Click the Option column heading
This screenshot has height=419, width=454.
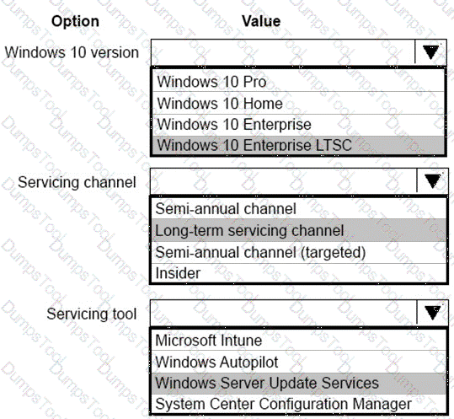pyautogui.click(x=75, y=21)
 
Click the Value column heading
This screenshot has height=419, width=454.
pyautogui.click(x=261, y=21)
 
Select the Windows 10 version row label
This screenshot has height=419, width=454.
pyautogui.click(x=72, y=53)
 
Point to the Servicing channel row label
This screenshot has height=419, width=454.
pyautogui.click(x=77, y=183)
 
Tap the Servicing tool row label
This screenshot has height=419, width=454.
pyautogui.click(x=92, y=314)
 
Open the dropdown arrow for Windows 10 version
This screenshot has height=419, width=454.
pyautogui.click(x=431, y=52)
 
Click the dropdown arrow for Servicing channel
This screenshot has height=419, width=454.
pyautogui.click(x=433, y=181)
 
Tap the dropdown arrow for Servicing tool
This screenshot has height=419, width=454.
pyautogui.click(x=433, y=313)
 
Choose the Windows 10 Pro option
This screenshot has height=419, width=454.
pyautogui.click(x=211, y=82)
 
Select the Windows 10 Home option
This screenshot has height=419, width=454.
pyautogui.click(x=220, y=104)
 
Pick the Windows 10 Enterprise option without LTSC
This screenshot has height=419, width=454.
pyautogui.click(x=234, y=125)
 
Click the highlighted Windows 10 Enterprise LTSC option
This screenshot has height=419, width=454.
pyautogui.click(x=254, y=145)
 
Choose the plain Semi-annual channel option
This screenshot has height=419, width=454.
pyautogui.click(x=226, y=209)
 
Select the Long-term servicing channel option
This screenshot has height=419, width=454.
pyautogui.click(x=249, y=231)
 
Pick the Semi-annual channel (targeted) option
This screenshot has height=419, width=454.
pyautogui.click(x=260, y=252)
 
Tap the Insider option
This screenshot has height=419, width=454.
pyautogui.click(x=178, y=273)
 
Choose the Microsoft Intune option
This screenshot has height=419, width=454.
pyautogui.click(x=209, y=341)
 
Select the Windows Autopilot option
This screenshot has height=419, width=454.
pyautogui.click(x=216, y=362)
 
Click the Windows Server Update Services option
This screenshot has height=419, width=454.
pyautogui.click(x=267, y=383)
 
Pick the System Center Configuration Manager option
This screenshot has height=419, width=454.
pyautogui.click(x=284, y=404)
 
